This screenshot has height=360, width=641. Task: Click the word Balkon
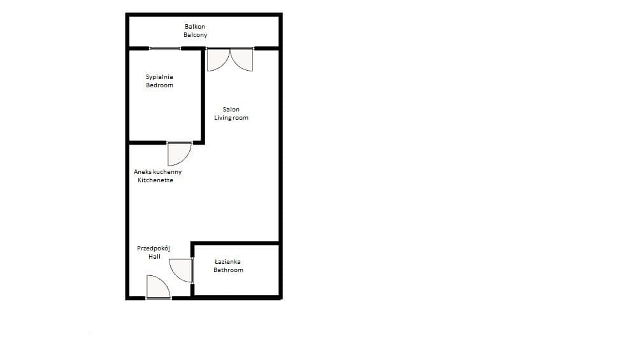tap(195, 27)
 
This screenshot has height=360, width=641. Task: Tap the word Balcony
tap(196, 35)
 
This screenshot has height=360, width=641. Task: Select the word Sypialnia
tap(159, 77)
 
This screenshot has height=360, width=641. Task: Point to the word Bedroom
tap(159, 85)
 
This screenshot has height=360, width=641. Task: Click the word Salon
tap(231, 109)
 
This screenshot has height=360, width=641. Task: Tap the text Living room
tap(231, 118)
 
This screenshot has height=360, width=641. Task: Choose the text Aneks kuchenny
tap(158, 172)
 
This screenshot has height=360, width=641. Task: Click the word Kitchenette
tap(155, 180)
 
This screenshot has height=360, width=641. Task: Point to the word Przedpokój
tap(154, 248)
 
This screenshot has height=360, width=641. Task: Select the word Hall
tap(155, 257)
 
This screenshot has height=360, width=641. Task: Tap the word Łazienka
tap(227, 261)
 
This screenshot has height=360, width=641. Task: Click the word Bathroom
tap(228, 270)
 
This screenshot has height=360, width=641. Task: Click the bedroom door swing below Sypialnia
tap(179, 154)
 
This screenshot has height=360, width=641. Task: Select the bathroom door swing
tap(181, 270)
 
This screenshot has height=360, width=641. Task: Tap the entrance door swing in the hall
tap(158, 287)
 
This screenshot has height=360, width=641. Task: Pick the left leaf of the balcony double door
tap(219, 60)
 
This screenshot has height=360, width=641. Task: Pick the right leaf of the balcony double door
tap(241, 60)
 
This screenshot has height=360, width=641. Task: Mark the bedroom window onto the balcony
tap(165, 48)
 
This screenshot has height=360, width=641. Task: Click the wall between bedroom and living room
tap(203, 96)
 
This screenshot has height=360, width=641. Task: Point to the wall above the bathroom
tap(236, 243)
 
